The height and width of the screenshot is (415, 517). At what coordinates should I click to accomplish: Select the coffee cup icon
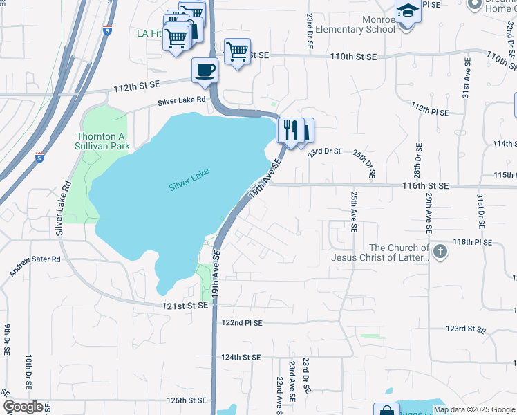pos(205,70)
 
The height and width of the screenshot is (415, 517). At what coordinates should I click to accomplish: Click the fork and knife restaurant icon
pos(290,129)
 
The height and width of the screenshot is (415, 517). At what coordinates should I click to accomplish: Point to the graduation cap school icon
pos(406,12)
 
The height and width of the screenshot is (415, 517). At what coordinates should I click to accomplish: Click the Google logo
pos(23,406)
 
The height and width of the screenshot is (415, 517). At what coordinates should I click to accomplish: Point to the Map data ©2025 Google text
pos(473,409)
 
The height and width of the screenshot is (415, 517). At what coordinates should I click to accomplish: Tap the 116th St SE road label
pos(426,186)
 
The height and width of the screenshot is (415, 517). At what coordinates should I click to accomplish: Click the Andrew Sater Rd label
pos(35,266)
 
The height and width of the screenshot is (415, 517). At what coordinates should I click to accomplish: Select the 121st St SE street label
pos(186,305)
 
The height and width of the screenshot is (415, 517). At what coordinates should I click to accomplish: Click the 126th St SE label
pos(187,400)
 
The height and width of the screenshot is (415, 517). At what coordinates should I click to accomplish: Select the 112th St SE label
pos(136,85)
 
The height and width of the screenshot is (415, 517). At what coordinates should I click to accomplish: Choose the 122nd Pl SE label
pos(242,322)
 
